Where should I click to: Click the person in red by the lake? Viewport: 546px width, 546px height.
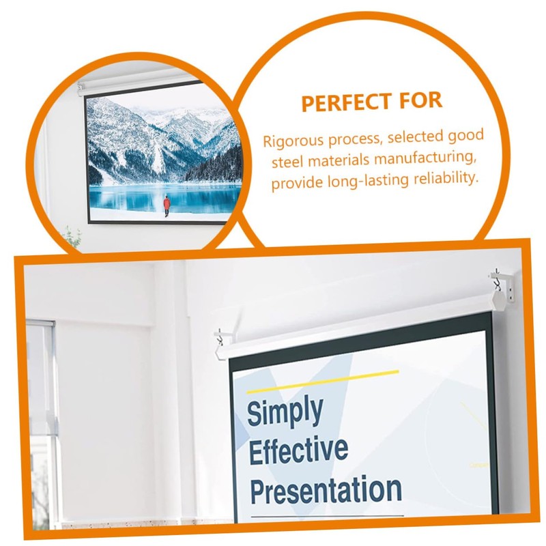[166, 204]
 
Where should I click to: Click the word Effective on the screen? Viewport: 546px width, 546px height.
[298, 451]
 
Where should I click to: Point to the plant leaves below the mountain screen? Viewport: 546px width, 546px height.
[71, 238]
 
